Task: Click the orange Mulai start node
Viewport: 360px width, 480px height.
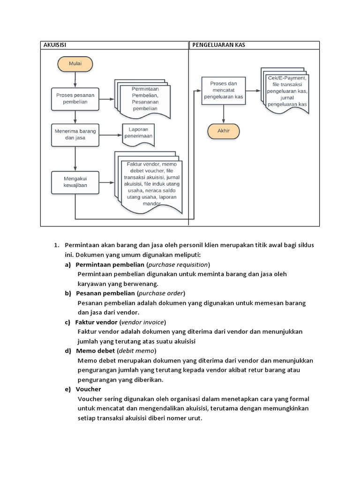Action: [75, 64]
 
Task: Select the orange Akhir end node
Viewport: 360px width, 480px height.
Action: [224, 131]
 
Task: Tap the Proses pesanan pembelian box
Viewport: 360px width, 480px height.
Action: [75, 98]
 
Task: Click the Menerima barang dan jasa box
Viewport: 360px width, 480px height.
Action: [75, 135]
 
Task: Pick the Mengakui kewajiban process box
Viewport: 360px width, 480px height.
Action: [75, 182]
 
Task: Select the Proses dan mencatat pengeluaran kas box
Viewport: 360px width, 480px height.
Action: [223, 90]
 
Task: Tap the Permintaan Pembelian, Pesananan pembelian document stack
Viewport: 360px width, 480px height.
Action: [143, 99]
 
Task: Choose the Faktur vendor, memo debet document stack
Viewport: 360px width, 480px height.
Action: [147, 183]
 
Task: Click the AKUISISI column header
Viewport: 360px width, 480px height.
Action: [56, 45]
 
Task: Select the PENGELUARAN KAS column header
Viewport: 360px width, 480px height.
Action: [218, 45]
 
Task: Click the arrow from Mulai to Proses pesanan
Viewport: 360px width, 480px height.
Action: [75, 79]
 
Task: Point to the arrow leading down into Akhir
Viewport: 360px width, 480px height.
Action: [224, 114]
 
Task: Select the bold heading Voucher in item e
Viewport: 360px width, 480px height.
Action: [88, 389]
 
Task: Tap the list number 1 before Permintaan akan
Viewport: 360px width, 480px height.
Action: [56, 245]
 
